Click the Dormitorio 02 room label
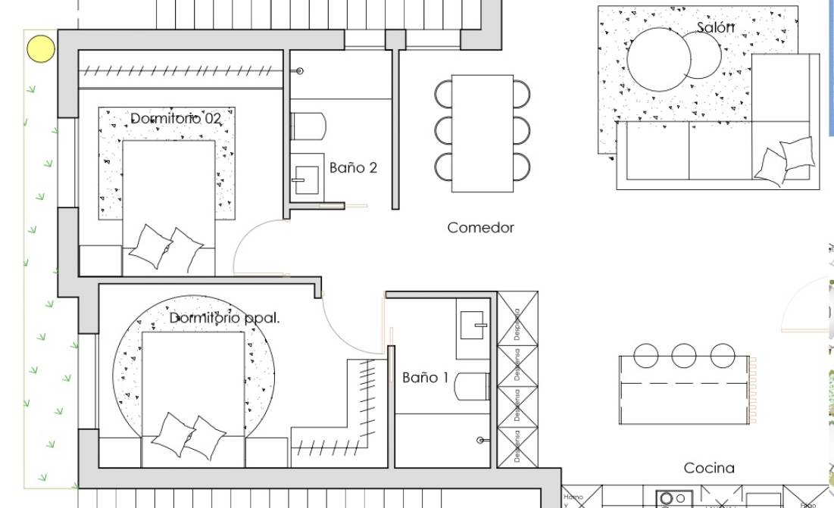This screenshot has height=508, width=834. [x=176, y=119]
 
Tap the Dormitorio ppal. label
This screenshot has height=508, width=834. [x=224, y=319]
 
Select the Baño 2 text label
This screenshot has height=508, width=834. [x=353, y=168]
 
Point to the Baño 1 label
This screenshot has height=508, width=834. [x=426, y=377]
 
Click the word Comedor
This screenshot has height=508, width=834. [x=480, y=228]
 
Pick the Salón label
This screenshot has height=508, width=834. [x=716, y=28]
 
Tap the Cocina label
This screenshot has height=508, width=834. [x=709, y=469]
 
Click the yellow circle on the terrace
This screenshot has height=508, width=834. [x=41, y=48]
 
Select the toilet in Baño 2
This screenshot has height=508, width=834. [x=308, y=126]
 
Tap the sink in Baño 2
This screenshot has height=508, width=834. [x=307, y=180]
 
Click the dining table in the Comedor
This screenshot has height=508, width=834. [x=483, y=133]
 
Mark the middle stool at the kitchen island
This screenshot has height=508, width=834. [x=684, y=355]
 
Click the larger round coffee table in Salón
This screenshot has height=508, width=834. [x=658, y=58]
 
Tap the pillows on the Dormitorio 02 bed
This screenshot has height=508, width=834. [x=165, y=246]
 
